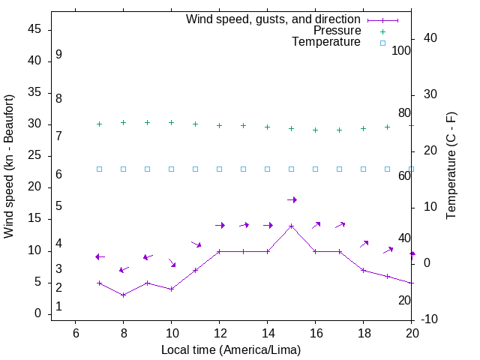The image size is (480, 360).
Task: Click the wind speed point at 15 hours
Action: click(x=292, y=226)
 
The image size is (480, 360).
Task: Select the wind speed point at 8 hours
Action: click(x=124, y=295)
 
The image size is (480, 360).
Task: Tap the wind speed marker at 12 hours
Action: click(x=220, y=251)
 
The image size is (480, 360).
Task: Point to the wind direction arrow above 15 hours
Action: click(x=292, y=199)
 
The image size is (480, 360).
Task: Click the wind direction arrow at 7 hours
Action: click(x=100, y=257)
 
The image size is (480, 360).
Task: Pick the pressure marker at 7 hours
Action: click(x=100, y=124)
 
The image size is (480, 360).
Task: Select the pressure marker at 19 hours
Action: click(x=388, y=127)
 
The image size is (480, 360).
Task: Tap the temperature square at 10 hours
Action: click(x=172, y=169)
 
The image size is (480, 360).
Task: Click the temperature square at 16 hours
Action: click(x=316, y=169)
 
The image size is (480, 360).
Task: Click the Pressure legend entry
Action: click(x=337, y=31)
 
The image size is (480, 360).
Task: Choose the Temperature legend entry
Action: click(x=326, y=42)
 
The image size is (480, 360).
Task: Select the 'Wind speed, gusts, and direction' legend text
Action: click(x=274, y=19)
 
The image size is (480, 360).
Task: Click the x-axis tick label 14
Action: click(x=268, y=331)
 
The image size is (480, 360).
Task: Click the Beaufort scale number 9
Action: click(x=58, y=55)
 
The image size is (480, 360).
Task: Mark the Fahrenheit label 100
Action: click(x=401, y=50)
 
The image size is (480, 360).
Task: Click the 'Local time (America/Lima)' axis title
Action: click(x=231, y=349)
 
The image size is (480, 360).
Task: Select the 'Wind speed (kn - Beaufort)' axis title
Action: click(x=9, y=166)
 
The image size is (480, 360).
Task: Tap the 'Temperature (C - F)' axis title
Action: click(x=451, y=166)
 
